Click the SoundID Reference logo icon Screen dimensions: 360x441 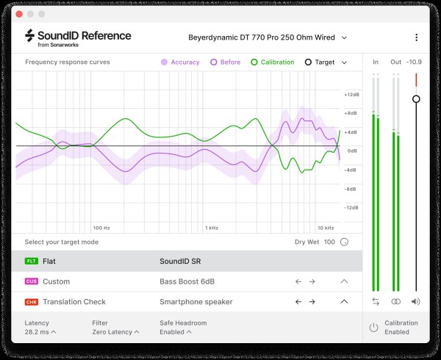[30, 36]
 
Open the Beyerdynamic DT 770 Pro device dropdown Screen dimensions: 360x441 [267, 37]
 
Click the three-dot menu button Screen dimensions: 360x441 [416, 37]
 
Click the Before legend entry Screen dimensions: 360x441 [225, 62]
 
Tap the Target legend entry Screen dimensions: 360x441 [320, 62]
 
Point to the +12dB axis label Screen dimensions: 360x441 [351, 95]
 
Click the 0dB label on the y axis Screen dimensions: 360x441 [352, 151]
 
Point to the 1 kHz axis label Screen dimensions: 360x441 [212, 228]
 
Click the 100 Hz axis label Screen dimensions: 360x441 [101, 228]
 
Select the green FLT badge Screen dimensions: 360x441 [31, 261]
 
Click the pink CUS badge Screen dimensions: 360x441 [31, 281]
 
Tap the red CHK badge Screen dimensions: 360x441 [31, 301]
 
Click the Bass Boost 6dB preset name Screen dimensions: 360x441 [187, 281]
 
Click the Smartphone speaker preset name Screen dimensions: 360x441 [195, 301]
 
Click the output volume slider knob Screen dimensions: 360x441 [416, 98]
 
